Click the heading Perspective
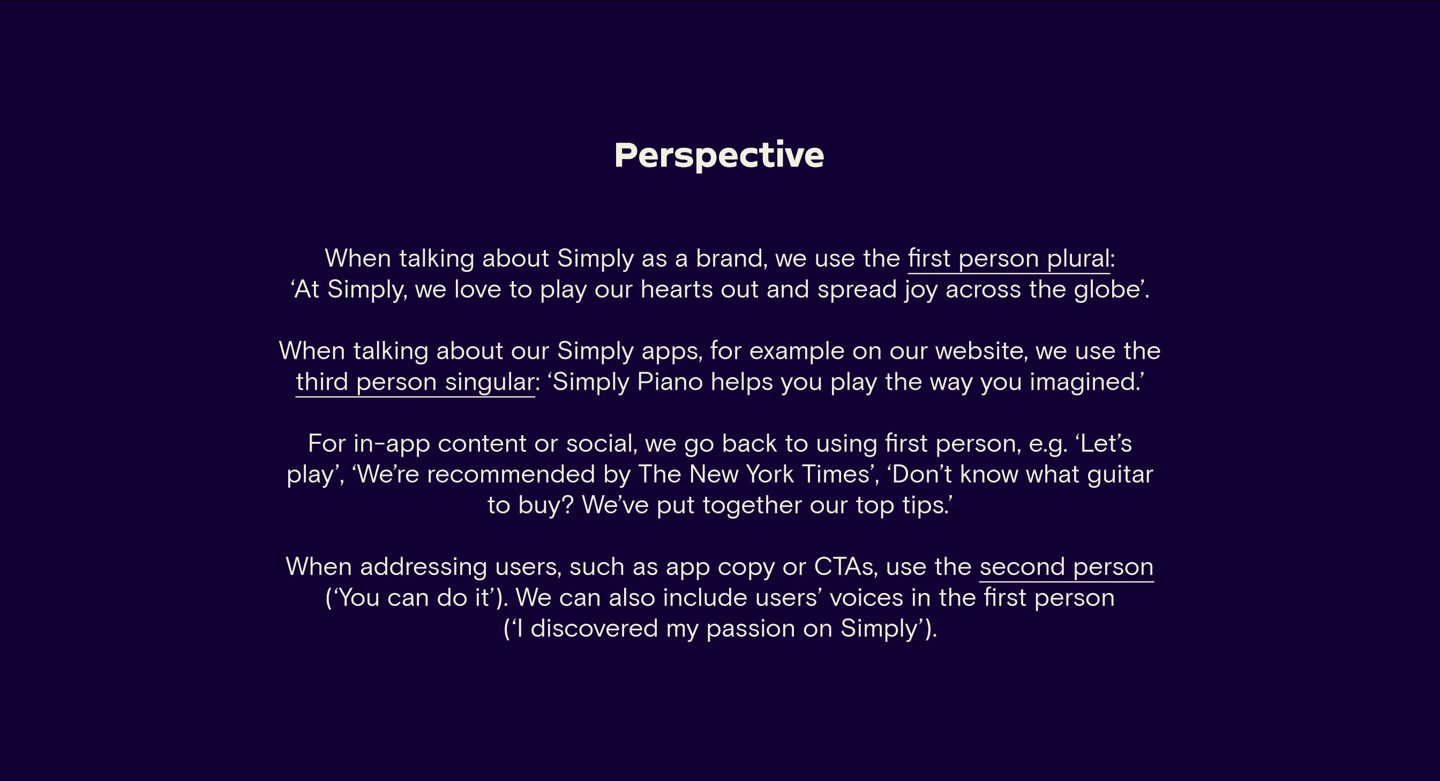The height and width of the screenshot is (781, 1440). [719, 155]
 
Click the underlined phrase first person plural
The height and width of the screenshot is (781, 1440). [1008, 259]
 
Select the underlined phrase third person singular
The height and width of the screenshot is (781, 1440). [415, 383]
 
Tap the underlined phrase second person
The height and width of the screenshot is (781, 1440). [1066, 567]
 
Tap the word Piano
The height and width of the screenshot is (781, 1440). [670, 382]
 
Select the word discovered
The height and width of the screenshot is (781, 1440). [594, 628]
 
